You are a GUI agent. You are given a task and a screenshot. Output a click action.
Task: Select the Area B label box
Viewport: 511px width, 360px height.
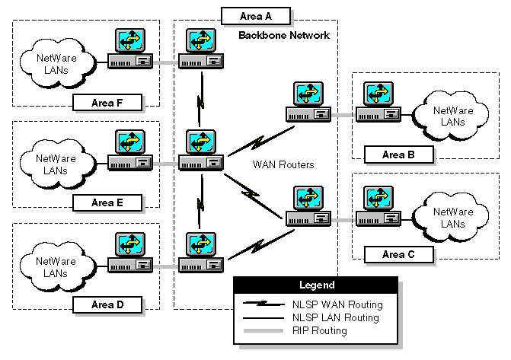click(394, 155)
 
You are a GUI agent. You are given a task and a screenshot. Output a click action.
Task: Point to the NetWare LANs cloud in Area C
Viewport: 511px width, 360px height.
click(453, 218)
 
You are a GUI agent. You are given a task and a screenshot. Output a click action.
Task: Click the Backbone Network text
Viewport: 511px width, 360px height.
click(283, 36)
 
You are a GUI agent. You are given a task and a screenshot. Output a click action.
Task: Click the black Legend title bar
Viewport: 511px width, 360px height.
click(317, 285)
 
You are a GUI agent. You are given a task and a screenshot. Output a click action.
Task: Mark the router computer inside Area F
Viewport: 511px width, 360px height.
click(129, 50)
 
